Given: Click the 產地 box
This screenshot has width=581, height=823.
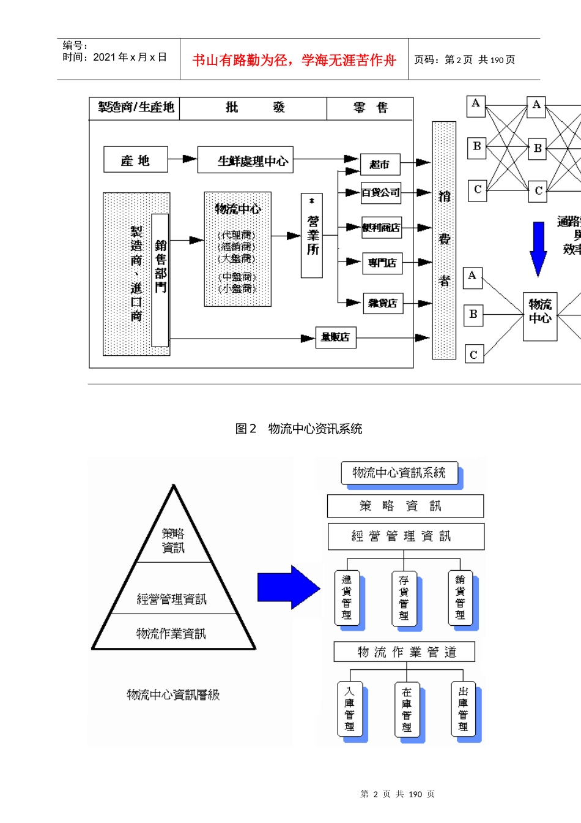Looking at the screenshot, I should tap(135, 160).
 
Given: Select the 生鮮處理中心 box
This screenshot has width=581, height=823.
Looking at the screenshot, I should tap(245, 160).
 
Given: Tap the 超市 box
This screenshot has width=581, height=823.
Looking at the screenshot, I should tap(380, 164).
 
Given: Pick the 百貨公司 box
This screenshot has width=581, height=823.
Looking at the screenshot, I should tap(380, 192).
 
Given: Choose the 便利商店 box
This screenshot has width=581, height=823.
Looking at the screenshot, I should tap(382, 228).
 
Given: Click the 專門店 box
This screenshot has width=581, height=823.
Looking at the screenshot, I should tap(382, 263).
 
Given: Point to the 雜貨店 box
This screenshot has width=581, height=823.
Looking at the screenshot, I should tap(383, 303).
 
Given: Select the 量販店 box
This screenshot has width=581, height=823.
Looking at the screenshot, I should tap(336, 337).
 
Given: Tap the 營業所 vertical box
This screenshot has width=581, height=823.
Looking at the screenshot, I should tap(312, 236).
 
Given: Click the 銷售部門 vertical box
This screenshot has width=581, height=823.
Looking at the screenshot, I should tap(160, 280).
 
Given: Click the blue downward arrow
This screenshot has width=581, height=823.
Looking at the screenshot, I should tap(538, 249).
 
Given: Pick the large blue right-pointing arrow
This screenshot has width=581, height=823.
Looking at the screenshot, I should tap(288, 587).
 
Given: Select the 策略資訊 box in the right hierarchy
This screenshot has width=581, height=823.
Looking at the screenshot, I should tap(405, 506).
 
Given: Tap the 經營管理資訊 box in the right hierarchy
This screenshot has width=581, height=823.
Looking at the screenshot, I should tap(405, 536).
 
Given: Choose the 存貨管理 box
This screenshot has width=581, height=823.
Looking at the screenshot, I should tap(404, 598).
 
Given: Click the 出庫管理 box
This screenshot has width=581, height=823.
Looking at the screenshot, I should tap(463, 709).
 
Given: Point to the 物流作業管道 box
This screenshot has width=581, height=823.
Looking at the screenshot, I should tap(404, 652).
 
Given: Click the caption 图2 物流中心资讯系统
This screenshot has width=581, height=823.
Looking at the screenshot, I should tap(298, 429).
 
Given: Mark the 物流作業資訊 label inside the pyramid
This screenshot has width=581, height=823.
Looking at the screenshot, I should tap(171, 633).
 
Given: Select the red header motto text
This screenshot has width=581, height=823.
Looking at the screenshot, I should tap(294, 60).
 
